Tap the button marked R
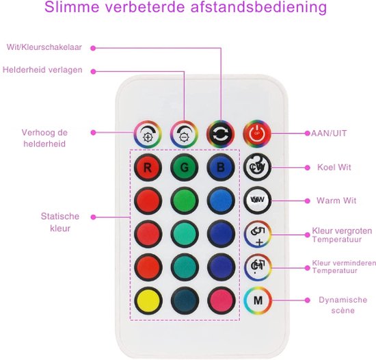148,167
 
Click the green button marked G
185,167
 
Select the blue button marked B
221,167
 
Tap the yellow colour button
148,300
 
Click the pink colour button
221,300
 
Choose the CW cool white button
257,167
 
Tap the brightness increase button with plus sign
148,134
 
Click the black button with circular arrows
221,134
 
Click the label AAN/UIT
329,133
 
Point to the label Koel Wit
334,167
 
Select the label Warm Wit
336,201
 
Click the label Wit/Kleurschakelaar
44,47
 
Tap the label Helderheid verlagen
42,70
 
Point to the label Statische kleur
60,222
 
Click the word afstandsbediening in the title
258,7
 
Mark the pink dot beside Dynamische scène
307,300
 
